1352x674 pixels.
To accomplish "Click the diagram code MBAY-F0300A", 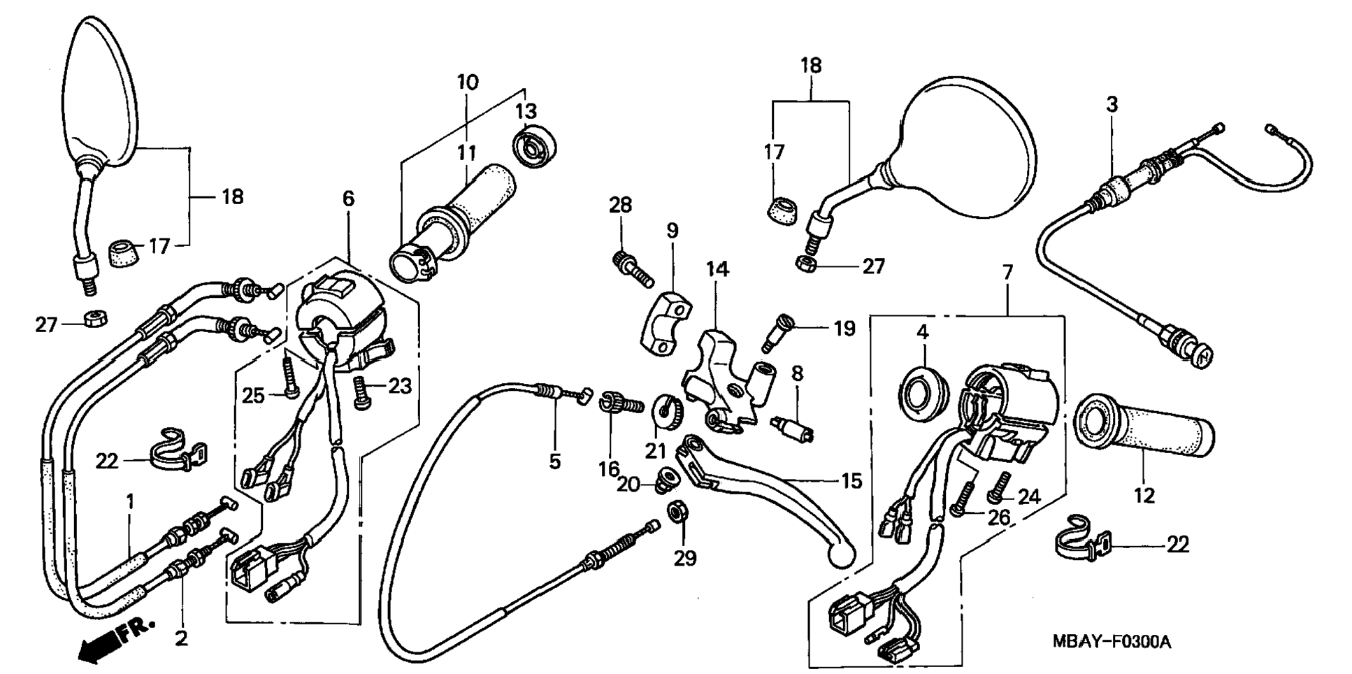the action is pos(1112,642).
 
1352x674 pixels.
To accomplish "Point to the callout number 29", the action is pos(685,558).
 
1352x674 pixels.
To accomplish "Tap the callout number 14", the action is pos(717,269).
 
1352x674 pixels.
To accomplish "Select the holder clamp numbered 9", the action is pos(666,320).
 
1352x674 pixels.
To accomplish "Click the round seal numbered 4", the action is pos(923,394).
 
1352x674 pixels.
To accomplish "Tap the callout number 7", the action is pos(1007,273).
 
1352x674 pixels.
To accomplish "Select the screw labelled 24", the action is pos(999,487).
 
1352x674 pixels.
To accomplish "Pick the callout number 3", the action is pos(1112,105).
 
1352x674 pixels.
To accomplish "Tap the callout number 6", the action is pos(348,199).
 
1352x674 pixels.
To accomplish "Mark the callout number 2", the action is pos(181,638).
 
